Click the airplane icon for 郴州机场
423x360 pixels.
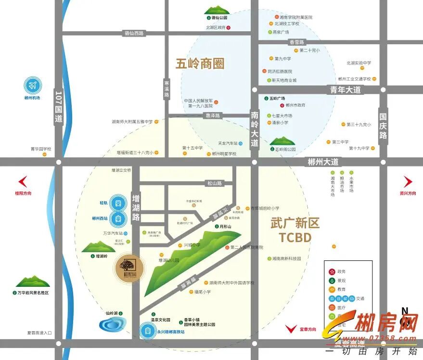(33, 86)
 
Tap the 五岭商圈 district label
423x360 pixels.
(200, 64)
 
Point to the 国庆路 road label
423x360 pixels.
(383, 126)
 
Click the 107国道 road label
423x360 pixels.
(59, 106)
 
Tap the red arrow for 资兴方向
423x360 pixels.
(408, 181)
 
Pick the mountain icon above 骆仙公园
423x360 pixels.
(216, 10)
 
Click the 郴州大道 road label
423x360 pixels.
(323, 162)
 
